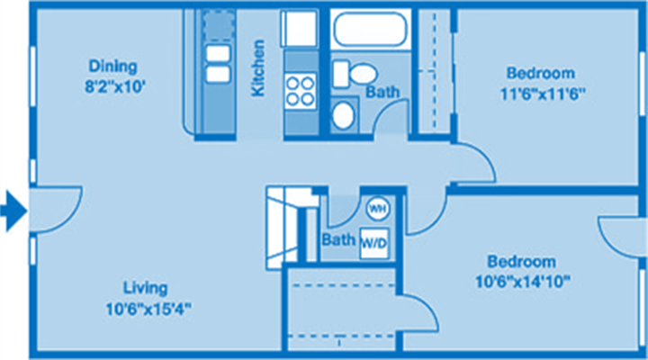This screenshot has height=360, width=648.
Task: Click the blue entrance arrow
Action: point(14,211)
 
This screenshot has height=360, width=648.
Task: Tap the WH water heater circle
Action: point(378,208)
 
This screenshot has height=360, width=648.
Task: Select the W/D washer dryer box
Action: point(374,243)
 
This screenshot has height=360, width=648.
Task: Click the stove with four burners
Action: point(300,91)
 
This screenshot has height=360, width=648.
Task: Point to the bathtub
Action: point(370,29)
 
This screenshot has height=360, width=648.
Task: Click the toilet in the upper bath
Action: point(355,74)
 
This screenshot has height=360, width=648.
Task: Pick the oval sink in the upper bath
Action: point(344,115)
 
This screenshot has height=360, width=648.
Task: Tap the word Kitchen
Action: point(258,68)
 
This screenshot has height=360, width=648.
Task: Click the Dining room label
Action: point(112,67)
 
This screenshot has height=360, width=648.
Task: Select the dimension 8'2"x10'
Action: point(115,87)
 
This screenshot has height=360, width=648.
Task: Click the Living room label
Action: point(146,288)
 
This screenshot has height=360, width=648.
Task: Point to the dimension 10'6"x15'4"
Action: point(148,309)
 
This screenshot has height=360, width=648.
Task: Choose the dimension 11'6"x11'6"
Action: point(543,94)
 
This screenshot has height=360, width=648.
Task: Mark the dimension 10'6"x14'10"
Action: point(523,283)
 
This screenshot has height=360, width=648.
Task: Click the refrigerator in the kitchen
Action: point(300,29)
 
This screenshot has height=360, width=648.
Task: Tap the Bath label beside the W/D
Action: point(338,239)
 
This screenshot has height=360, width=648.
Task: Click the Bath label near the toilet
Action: point(382,91)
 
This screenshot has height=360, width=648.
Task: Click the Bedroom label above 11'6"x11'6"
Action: point(541,73)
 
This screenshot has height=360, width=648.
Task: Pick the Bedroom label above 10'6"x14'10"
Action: point(521,261)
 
